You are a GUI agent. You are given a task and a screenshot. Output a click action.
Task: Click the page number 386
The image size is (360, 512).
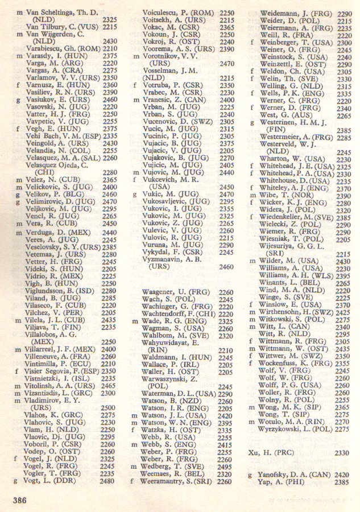click(x=20, y=500)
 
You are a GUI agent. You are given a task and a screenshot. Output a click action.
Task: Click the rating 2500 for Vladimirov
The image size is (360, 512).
click(x=107, y=408)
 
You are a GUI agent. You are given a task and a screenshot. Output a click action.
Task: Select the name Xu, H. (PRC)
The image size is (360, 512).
click(x=272, y=452)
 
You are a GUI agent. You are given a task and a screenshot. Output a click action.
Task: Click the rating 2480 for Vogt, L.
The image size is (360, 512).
click(x=107, y=481)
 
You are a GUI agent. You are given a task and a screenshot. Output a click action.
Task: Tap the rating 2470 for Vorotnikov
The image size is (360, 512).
click(x=226, y=64)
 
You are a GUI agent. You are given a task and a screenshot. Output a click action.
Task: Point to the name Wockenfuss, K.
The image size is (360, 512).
click(x=292, y=363)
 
